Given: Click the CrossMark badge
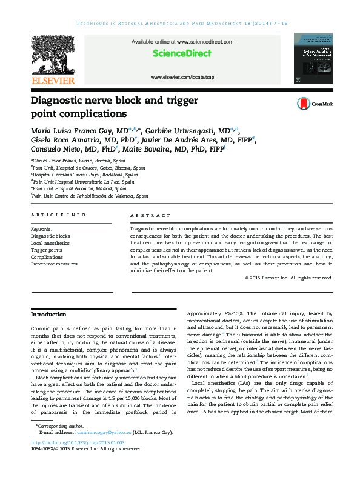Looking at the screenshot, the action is (315, 104).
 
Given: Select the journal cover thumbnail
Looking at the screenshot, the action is (313, 58).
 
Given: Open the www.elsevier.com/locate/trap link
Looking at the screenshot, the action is (182, 78).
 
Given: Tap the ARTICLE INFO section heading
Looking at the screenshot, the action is (58, 215).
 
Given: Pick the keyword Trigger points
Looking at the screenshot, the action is (47, 250).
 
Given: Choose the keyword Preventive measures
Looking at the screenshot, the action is (54, 264).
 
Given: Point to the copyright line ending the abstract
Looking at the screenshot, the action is (289, 278).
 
